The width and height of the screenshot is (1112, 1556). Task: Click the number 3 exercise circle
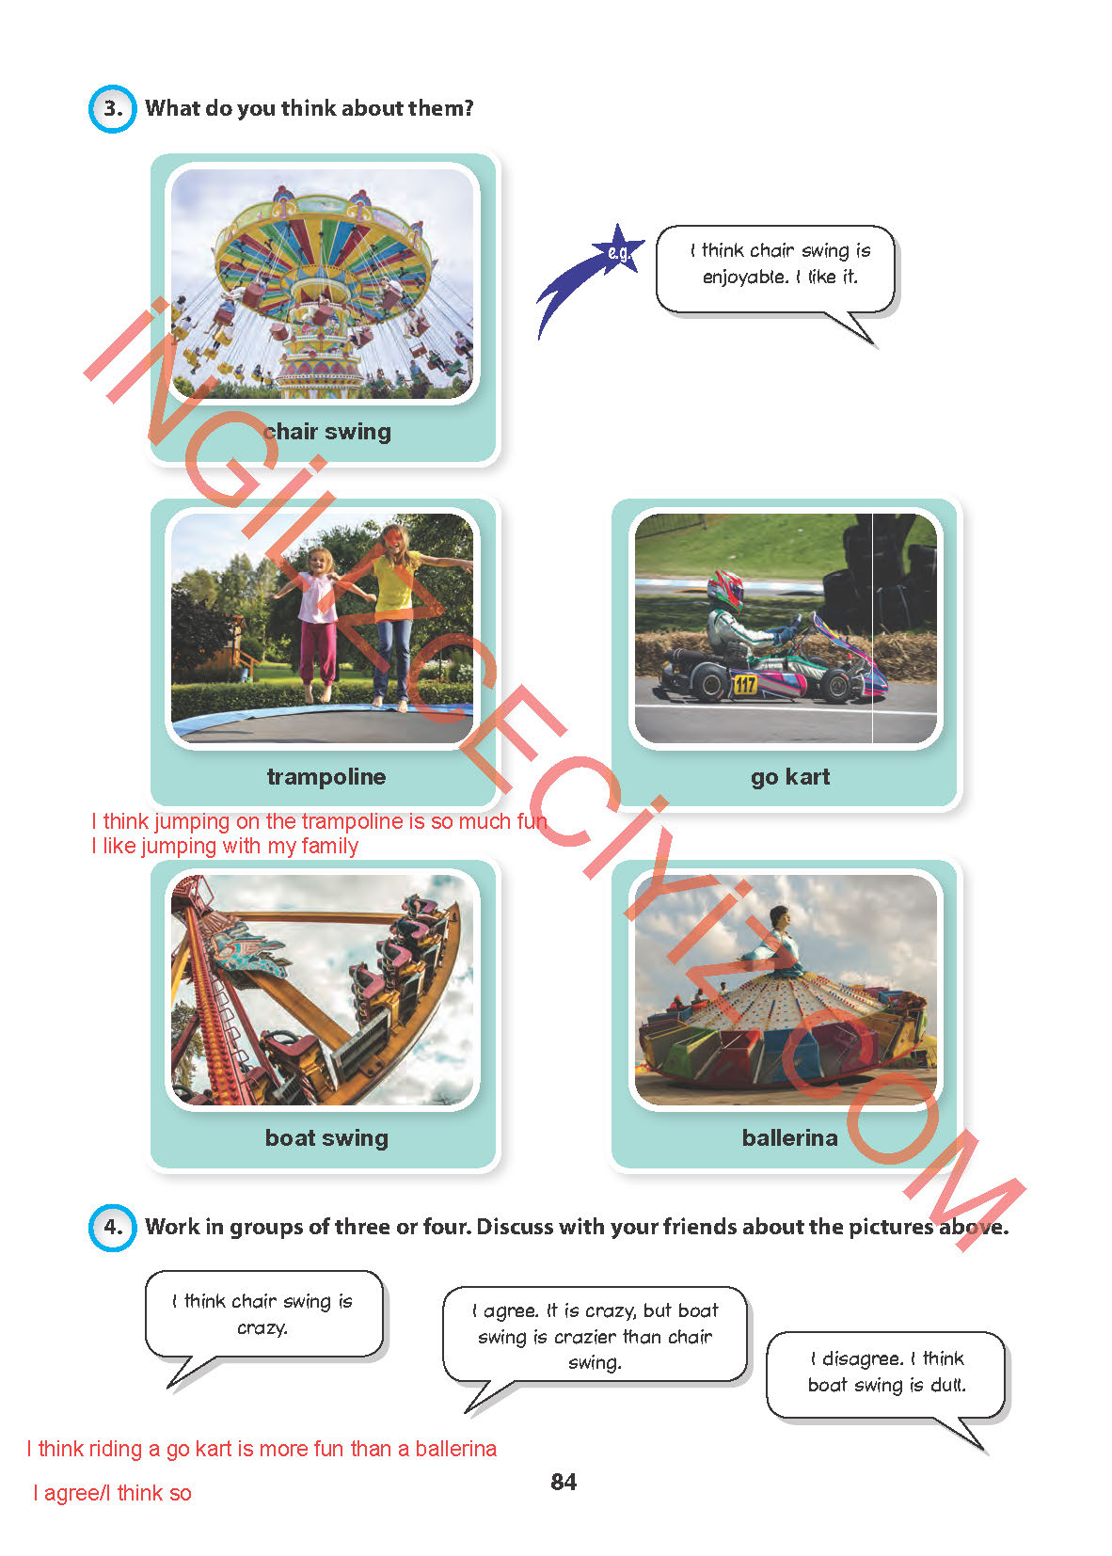point(112,108)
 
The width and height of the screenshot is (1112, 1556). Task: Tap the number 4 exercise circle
point(112,1228)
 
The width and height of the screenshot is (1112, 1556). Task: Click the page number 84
point(564,1482)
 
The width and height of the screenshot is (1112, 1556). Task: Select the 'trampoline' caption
point(326,776)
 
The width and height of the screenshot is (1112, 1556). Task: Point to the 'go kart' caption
point(789,777)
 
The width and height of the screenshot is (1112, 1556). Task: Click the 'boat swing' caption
point(326,1137)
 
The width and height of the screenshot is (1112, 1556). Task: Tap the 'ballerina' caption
point(789,1137)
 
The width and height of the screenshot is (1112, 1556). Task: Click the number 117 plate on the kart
point(745,684)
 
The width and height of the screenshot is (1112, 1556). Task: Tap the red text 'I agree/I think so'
point(112,1493)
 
